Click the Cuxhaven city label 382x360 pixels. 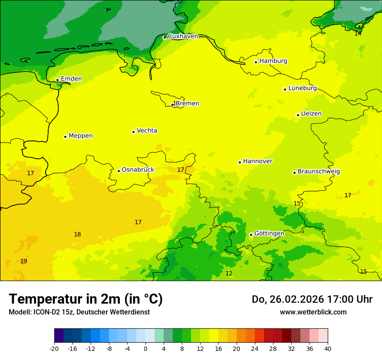coord(183,36)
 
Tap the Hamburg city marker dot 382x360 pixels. coord(256,62)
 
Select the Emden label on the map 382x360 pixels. coord(71,79)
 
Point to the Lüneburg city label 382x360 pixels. coord(303,88)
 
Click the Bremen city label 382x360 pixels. coord(188,104)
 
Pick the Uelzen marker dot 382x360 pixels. coord(298,115)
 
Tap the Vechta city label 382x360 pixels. coord(147,131)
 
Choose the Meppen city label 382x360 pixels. coord(81,136)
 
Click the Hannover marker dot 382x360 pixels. coord(240,162)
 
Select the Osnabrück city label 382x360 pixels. coord(138,170)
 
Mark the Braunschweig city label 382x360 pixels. coord(319,172)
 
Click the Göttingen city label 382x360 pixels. coord(269,234)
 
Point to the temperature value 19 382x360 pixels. coord(23,261)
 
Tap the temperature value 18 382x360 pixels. coord(77,235)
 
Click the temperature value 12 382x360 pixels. coord(229,274)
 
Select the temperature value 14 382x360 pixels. coord(358,33)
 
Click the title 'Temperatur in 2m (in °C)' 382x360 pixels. coord(86,299)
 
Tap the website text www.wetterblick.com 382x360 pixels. coord(313,312)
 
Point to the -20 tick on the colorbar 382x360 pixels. coord(54,348)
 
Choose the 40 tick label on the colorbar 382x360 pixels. coord(327,348)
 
